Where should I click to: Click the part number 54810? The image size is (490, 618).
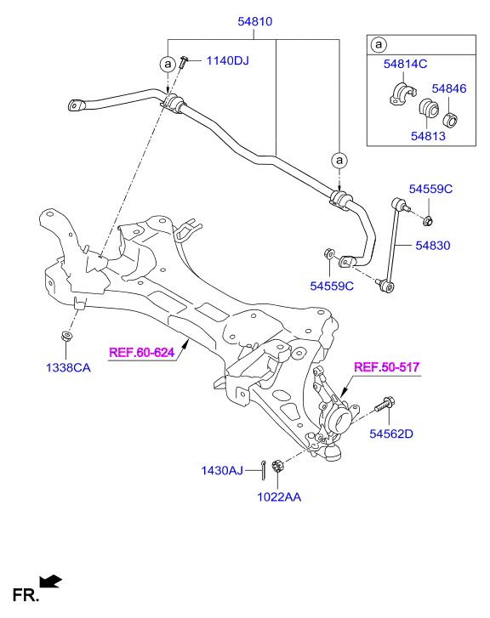(255, 21)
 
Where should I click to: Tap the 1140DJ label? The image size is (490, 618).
(228, 60)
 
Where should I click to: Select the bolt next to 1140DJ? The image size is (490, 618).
(183, 62)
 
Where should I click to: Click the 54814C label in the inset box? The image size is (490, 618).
(405, 64)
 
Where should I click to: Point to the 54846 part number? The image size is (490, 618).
(449, 88)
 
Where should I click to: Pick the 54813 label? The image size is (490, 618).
(428, 136)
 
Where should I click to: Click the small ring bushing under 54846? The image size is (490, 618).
(451, 120)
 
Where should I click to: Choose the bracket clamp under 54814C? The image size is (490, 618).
(402, 94)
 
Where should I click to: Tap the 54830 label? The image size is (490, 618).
(433, 246)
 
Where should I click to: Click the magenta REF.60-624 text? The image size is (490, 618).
(141, 352)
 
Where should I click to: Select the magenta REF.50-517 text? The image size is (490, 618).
(386, 367)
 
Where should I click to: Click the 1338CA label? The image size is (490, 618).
(68, 368)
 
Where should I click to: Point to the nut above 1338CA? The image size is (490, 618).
(66, 337)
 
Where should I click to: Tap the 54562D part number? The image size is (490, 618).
(391, 434)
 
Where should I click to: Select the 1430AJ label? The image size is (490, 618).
(222, 471)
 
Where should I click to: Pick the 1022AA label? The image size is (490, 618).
(279, 497)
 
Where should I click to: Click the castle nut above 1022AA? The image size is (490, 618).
(278, 467)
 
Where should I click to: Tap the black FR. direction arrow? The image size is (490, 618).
(50, 581)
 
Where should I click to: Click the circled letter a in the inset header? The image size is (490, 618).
(379, 44)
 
